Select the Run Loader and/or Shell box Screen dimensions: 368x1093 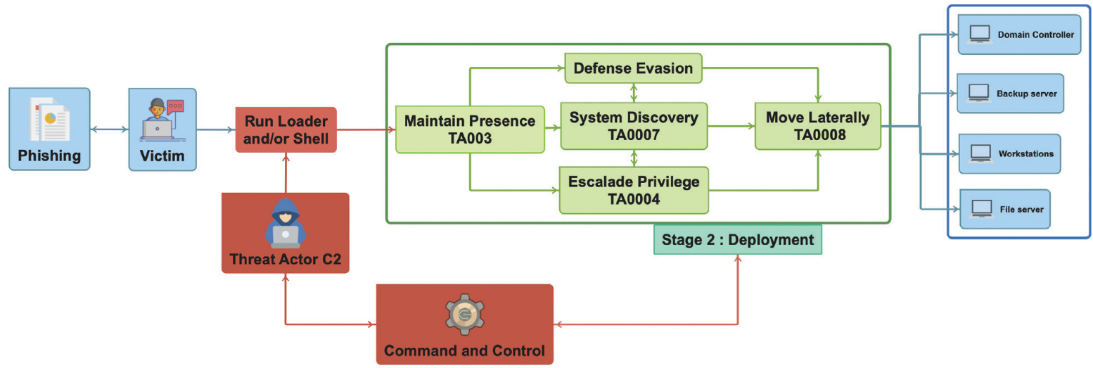click(x=286, y=129)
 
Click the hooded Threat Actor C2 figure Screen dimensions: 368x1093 click(x=285, y=223)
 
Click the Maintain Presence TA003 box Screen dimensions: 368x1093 click(x=470, y=129)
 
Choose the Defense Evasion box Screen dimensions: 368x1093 click(x=633, y=68)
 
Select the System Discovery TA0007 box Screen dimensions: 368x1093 click(x=633, y=126)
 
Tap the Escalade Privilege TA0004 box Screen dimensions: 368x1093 click(x=633, y=190)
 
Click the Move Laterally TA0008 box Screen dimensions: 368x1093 click(x=817, y=126)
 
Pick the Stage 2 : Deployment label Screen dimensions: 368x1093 click(x=737, y=239)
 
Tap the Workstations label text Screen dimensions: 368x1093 click(x=1025, y=153)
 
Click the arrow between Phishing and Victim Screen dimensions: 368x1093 click(x=109, y=129)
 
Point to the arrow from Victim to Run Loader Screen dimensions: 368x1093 click(x=216, y=129)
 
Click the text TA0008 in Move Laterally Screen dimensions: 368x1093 click(x=817, y=135)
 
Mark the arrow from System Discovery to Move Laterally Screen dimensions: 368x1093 click(x=731, y=127)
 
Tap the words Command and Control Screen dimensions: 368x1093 click(x=464, y=350)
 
